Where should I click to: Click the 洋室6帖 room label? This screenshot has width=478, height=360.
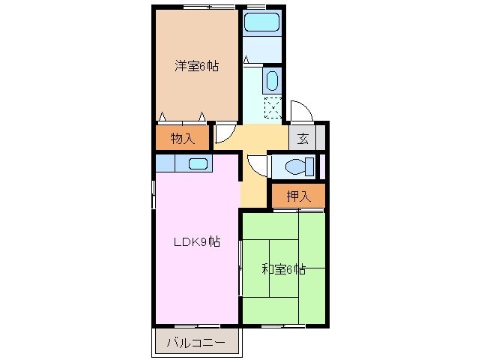point(197,66)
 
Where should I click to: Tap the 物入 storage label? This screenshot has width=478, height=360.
point(182,138)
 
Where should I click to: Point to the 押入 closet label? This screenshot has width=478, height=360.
point(299,196)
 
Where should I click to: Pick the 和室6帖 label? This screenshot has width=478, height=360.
point(283,269)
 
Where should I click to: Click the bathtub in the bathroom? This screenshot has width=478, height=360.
point(261,22)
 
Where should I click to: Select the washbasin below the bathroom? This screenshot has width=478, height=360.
point(271,80)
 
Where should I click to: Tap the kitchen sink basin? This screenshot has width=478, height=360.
point(198,164)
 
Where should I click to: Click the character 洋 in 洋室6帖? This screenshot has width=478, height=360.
point(181,66)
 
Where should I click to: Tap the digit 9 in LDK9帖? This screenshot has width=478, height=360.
point(205,241)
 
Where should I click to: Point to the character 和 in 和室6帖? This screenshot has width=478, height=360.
point(267,269)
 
